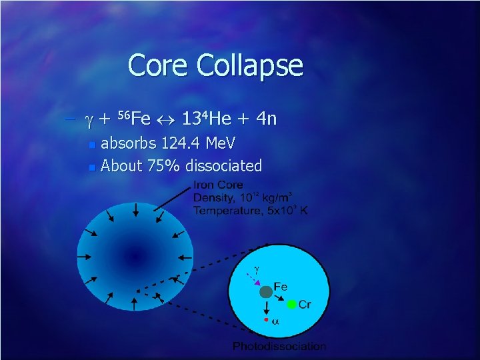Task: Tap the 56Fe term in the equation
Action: (134, 119)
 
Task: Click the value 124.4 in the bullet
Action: (181, 143)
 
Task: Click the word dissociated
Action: (224, 165)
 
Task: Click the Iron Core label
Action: (218, 185)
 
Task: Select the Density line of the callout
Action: (243, 198)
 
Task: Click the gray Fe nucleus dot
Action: (266, 291)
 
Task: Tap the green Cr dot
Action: (291, 305)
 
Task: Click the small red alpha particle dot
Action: (267, 320)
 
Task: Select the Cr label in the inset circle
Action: (305, 305)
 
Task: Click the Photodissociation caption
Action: (279, 346)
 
